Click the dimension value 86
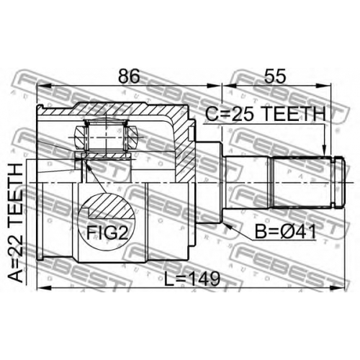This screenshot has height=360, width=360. pos(129,76)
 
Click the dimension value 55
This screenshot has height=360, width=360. pos(275,76)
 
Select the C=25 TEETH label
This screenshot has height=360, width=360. pos(266,114)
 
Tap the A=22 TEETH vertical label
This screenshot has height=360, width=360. pos(15,222)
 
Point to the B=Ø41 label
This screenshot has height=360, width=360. pos(285,232)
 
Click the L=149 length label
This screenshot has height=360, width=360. pos(192,279)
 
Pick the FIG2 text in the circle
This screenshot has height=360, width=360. pos(107,233)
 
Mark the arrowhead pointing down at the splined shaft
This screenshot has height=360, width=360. pos(324,150)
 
